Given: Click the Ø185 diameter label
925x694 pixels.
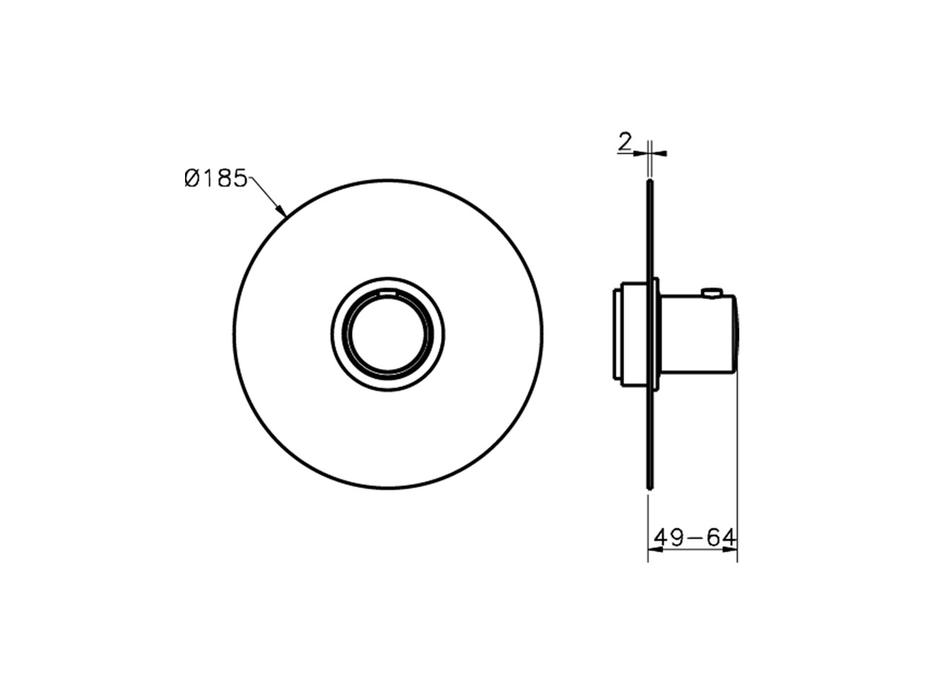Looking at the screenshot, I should pos(216,179).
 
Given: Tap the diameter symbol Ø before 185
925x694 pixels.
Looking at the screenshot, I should pos(192,179).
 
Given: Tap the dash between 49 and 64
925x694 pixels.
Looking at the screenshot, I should pos(694,539).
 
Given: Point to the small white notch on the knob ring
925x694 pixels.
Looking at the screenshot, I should pos(388,294).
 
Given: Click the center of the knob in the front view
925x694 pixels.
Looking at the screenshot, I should pos(388,336).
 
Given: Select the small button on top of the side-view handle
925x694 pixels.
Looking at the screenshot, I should pos(712,292).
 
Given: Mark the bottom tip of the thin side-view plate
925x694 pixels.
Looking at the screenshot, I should pos(650,490).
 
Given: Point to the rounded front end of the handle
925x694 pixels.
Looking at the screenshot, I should pos(736,334).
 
